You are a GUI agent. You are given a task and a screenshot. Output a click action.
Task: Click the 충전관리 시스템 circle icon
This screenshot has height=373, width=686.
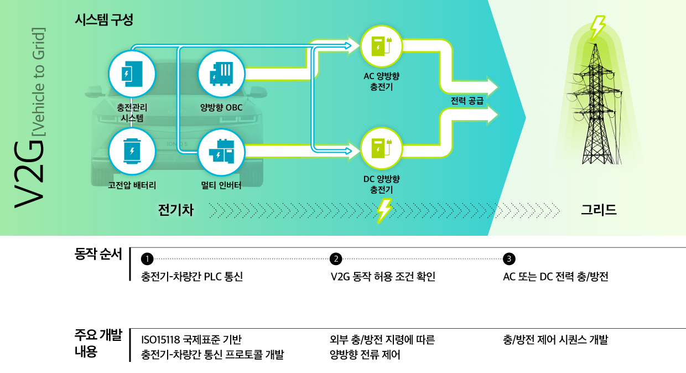click(132, 73)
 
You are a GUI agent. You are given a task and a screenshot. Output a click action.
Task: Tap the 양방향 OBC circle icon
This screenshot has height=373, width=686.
click(221, 73)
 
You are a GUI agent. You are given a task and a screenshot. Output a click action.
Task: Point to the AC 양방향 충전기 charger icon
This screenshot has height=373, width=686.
click(381, 46)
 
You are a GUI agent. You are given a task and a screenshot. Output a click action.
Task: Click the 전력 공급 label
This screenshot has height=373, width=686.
click(467, 101)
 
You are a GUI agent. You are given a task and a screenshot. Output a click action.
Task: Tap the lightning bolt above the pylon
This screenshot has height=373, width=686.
click(597, 26)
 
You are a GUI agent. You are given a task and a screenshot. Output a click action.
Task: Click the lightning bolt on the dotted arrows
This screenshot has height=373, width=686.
click(384, 210)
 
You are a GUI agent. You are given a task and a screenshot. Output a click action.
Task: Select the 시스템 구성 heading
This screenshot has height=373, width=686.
click(103, 20)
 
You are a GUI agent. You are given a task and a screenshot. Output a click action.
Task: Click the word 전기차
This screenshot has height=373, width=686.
click(175, 210)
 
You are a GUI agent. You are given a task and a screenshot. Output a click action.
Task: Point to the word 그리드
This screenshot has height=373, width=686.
click(599, 210)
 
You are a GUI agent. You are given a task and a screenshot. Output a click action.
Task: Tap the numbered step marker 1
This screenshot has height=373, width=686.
click(147, 259)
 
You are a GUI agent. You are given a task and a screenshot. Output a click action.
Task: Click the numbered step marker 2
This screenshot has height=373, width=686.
click(335, 259)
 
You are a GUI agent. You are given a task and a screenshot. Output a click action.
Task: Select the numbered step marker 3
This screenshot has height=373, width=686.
click(508, 259)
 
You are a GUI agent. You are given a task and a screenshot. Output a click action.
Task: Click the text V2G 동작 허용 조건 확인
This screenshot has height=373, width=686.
click(382, 277)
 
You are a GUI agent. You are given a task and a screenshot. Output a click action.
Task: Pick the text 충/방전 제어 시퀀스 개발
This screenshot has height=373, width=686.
click(555, 340)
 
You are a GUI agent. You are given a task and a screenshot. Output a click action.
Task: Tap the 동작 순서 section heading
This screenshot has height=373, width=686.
click(98, 255)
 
